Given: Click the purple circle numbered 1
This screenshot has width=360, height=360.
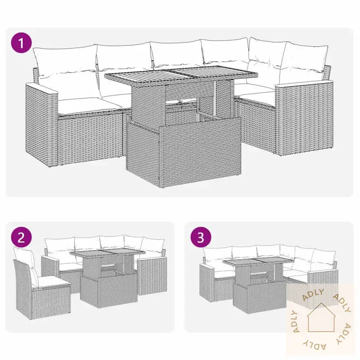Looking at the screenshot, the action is click(x=21, y=43).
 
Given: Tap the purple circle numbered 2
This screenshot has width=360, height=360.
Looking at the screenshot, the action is click(x=21, y=238).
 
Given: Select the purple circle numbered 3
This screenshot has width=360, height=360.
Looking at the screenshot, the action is click(x=201, y=238).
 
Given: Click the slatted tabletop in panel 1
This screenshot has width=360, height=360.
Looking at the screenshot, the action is click(x=181, y=75).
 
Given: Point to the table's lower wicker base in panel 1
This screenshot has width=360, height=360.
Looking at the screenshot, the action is click(x=183, y=152).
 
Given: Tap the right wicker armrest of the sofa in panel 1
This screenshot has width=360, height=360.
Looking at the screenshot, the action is click(x=304, y=119).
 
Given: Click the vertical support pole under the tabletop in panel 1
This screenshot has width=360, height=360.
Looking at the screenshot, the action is click(x=215, y=98).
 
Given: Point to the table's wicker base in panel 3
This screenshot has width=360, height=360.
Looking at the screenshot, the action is click(x=260, y=298).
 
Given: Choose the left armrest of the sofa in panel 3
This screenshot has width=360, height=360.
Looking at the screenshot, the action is click(x=207, y=284).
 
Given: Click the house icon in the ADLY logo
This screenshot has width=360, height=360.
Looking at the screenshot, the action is click(x=321, y=318).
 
